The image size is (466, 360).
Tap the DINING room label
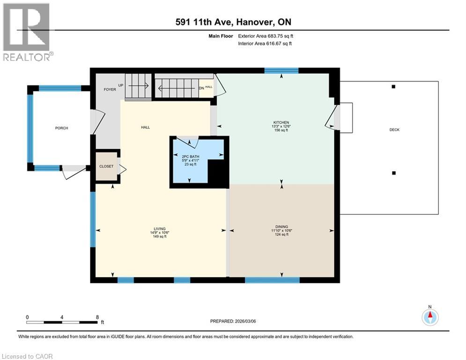pos(281,226)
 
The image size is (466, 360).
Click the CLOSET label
pos(106,166)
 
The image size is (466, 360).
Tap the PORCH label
pos(61,128)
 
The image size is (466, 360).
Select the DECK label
pos(394,129)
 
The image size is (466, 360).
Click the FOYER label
pos(109,89)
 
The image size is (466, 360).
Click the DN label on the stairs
pos(201,88)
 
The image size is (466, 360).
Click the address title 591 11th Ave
pos(233,22)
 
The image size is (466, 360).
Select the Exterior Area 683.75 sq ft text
pos(265,36)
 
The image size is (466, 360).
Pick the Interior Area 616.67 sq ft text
pos(266,44)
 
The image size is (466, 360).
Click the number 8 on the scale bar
pos(96,316)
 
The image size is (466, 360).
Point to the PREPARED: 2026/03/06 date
pos(236,321)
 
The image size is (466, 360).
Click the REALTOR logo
pos(27,32)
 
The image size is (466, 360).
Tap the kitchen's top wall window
pos(281,71)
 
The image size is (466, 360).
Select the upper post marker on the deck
pos(393,87)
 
